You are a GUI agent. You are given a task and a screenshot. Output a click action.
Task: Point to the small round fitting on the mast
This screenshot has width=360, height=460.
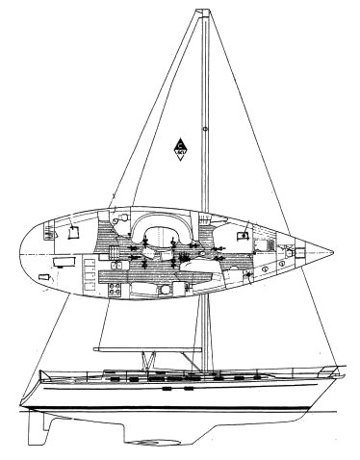[x=205, y=128]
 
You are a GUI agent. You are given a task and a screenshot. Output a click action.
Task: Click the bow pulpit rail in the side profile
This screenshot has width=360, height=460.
[x=332, y=369]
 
